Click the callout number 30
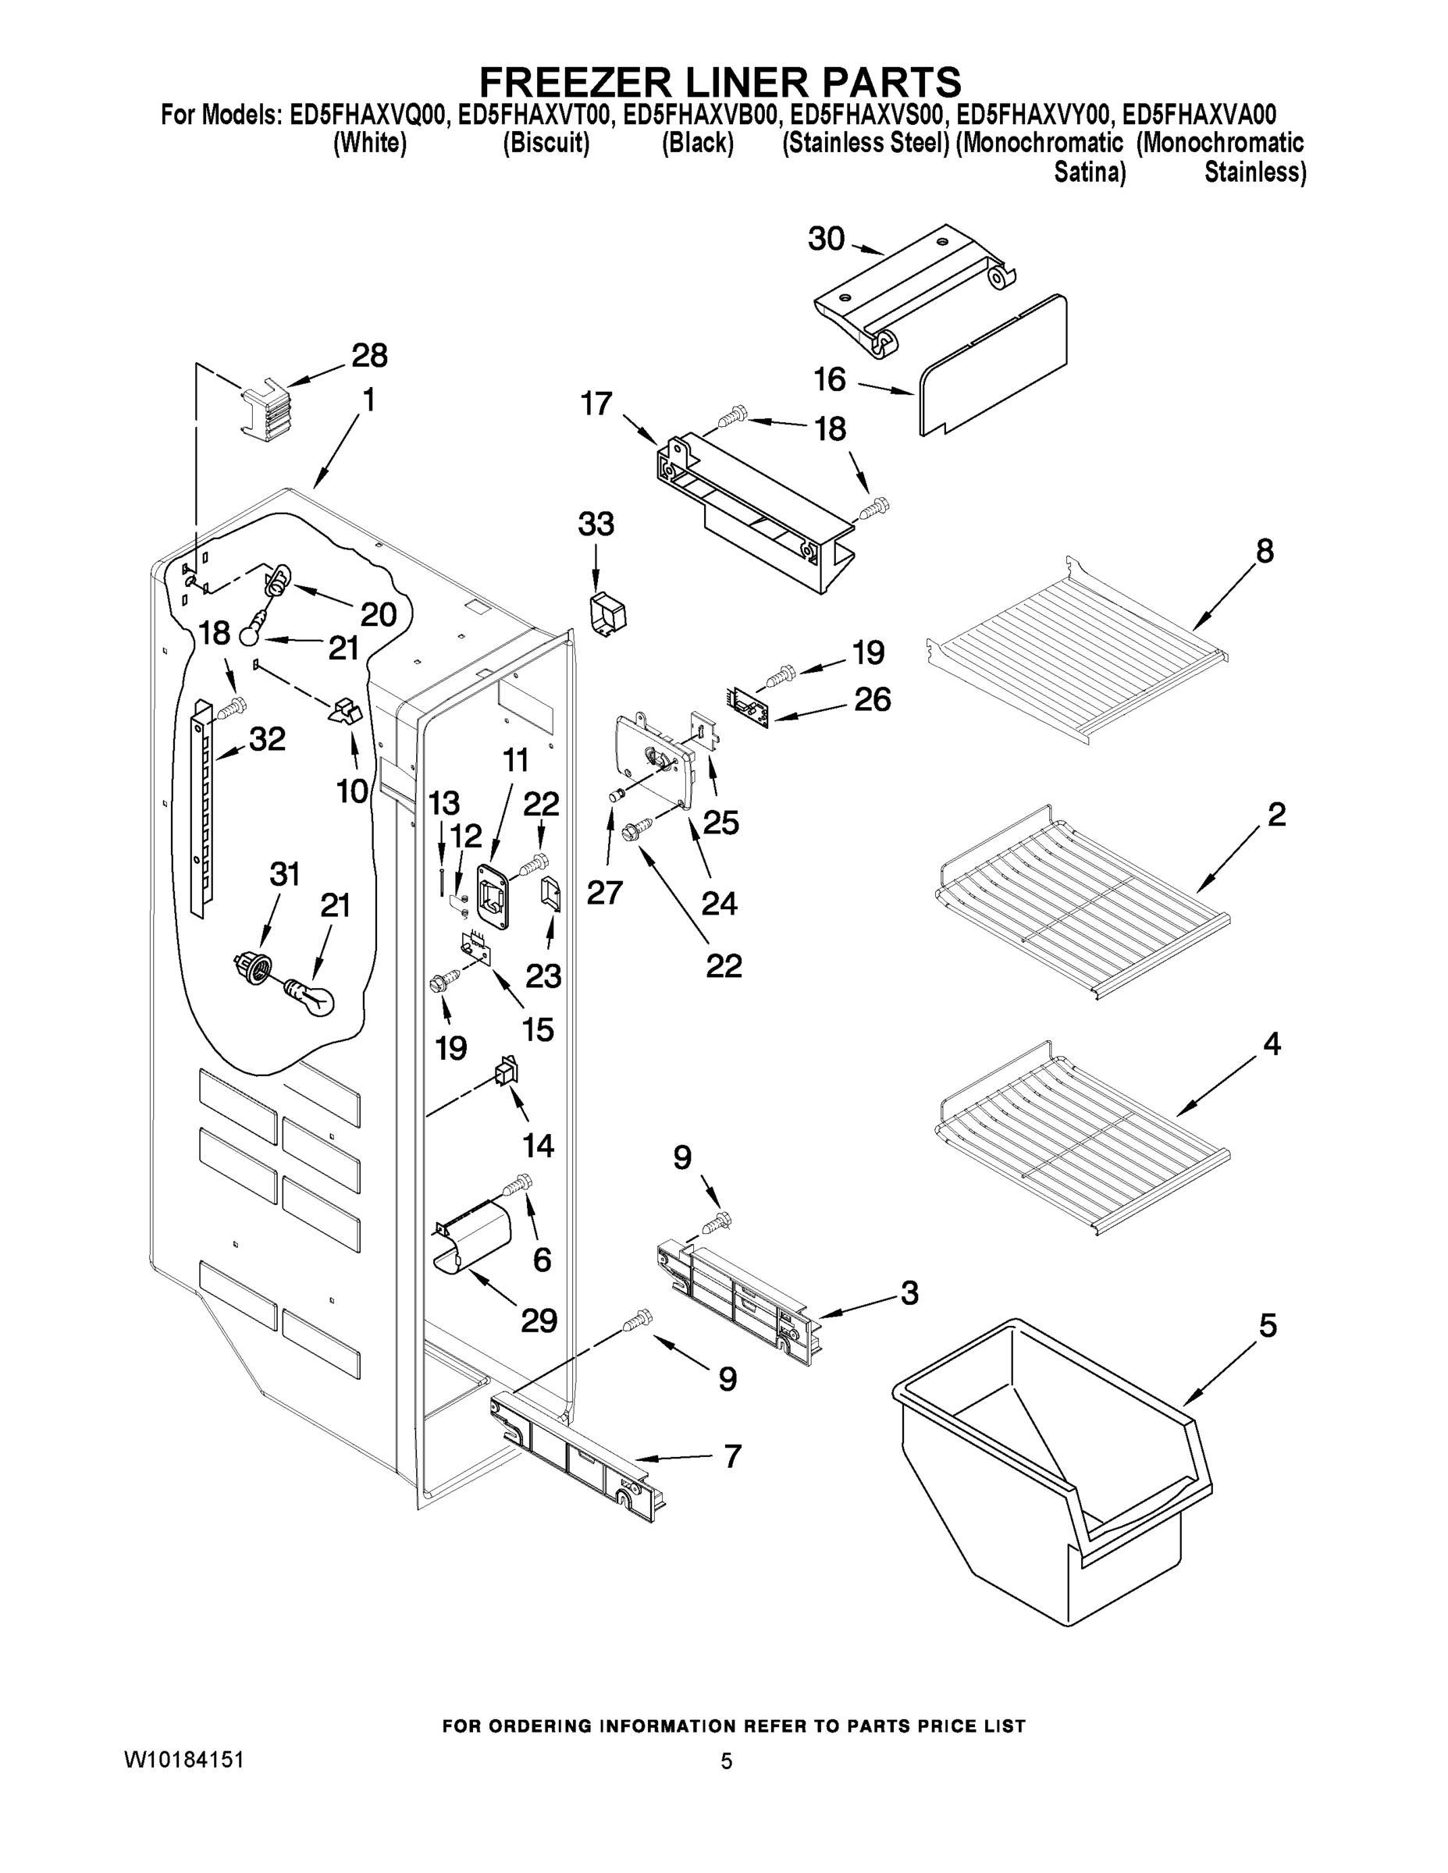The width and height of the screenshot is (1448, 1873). (x=826, y=240)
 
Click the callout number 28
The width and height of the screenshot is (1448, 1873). (x=370, y=355)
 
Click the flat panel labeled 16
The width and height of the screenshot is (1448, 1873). (x=995, y=364)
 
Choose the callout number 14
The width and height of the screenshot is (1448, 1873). (x=539, y=1145)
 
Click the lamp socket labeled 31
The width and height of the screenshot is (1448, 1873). (x=252, y=968)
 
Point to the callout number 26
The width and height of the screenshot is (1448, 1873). (x=873, y=699)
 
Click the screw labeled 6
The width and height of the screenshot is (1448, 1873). (x=518, y=1185)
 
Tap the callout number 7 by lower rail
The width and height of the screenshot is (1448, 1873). (x=731, y=1455)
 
